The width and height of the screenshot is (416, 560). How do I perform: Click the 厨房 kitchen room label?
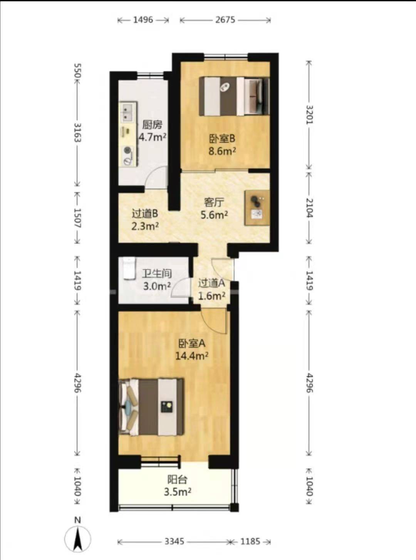(x=152, y=125)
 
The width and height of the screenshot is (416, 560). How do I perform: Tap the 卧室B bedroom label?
(x=222, y=139)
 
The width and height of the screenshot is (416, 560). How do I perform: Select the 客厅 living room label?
(x=214, y=202)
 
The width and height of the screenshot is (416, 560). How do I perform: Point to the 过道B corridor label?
(x=145, y=214)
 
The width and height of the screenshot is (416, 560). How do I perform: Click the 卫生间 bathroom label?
(x=157, y=273)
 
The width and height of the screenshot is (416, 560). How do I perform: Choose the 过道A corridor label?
(x=211, y=283)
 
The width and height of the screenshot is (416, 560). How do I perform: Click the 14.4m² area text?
(x=192, y=356)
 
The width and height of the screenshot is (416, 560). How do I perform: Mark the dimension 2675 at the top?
(x=225, y=20)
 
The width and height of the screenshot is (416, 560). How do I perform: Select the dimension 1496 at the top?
(x=143, y=20)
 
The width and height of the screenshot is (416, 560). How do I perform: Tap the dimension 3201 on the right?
(x=309, y=115)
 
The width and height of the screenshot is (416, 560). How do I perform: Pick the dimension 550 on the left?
(x=77, y=70)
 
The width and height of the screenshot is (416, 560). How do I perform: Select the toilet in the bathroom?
(x=129, y=269)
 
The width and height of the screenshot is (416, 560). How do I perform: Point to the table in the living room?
(x=257, y=208)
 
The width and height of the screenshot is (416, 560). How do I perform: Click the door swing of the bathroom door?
(x=180, y=287)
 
